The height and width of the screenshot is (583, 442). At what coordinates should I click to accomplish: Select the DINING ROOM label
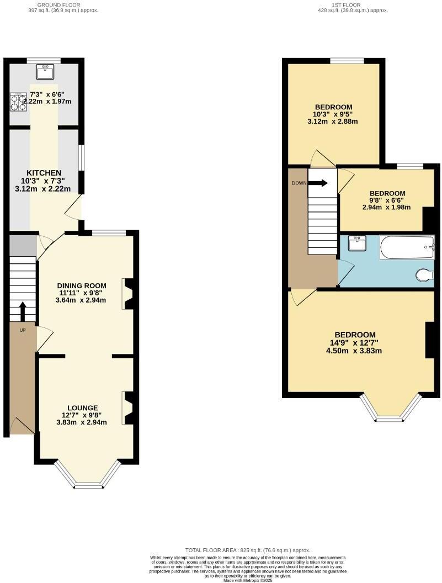(x=82, y=285)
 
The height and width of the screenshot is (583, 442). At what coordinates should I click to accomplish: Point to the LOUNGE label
(x=82, y=407)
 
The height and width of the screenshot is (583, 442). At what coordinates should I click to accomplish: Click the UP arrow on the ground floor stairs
(x=22, y=311)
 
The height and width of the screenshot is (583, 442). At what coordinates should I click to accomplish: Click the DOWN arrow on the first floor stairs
(x=317, y=184)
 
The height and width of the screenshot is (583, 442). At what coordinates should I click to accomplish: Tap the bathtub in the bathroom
(x=407, y=248)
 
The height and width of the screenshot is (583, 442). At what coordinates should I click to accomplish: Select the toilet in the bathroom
(x=425, y=274)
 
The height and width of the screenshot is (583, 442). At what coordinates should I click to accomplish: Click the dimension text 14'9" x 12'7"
(x=355, y=343)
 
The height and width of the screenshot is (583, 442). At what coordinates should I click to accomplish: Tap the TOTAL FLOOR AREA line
(x=248, y=550)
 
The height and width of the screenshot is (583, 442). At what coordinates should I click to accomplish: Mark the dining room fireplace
(x=129, y=294)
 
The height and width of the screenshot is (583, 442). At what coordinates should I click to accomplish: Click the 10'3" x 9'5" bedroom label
(x=333, y=114)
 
